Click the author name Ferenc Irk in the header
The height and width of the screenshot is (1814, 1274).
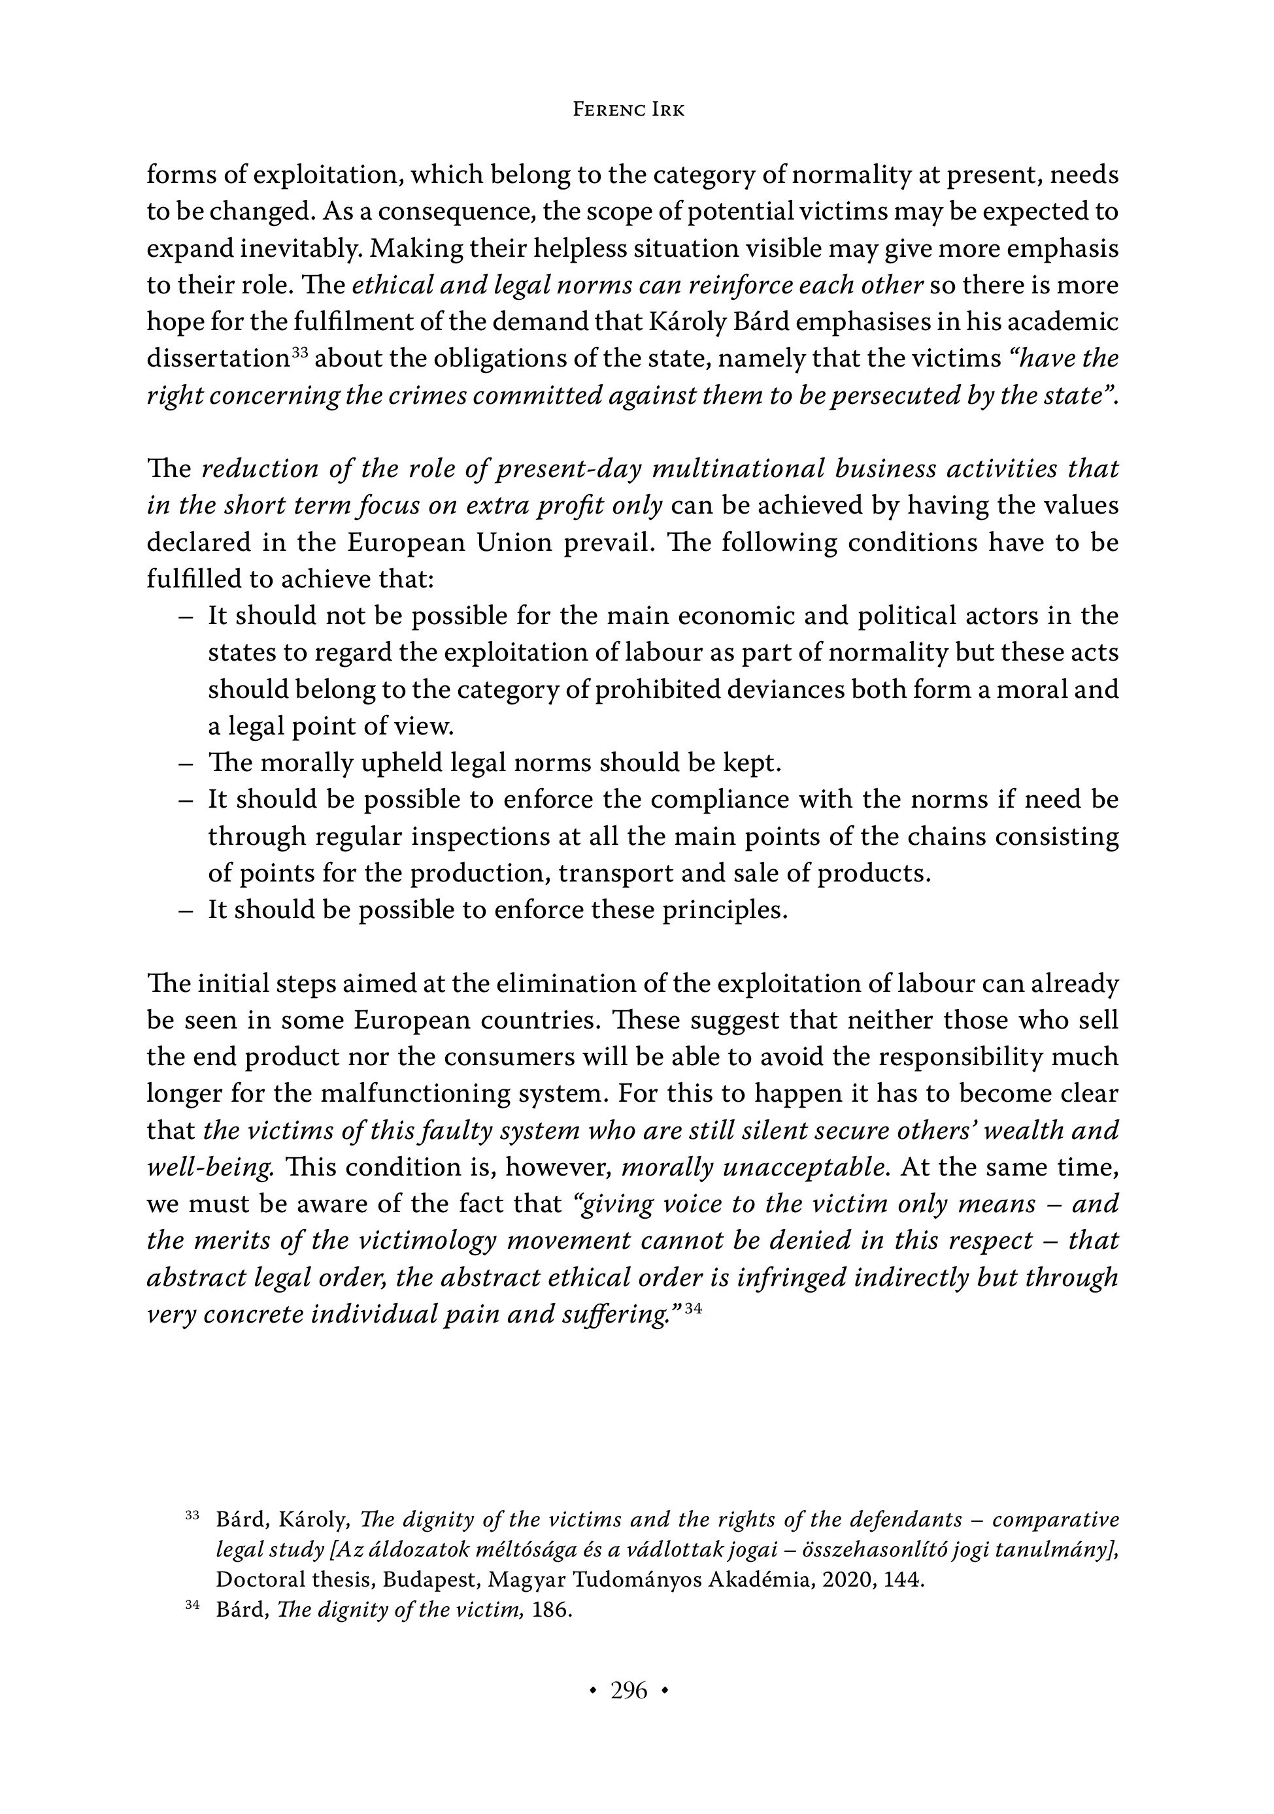(628, 110)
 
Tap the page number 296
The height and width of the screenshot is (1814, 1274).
(629, 1690)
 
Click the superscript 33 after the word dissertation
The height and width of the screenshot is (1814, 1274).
(299, 353)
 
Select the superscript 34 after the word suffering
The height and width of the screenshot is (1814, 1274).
(693, 1308)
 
